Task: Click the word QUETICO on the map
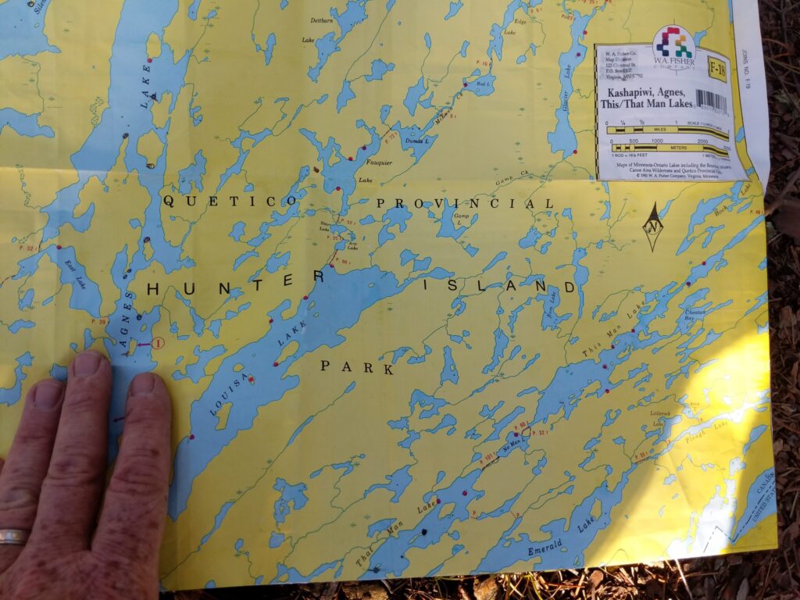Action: (x=230, y=201)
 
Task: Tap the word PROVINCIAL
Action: (x=465, y=203)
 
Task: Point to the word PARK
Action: (x=357, y=367)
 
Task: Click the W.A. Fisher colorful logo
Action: (x=673, y=45)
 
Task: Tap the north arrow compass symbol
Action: (x=653, y=227)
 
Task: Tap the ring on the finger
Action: (x=12, y=537)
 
